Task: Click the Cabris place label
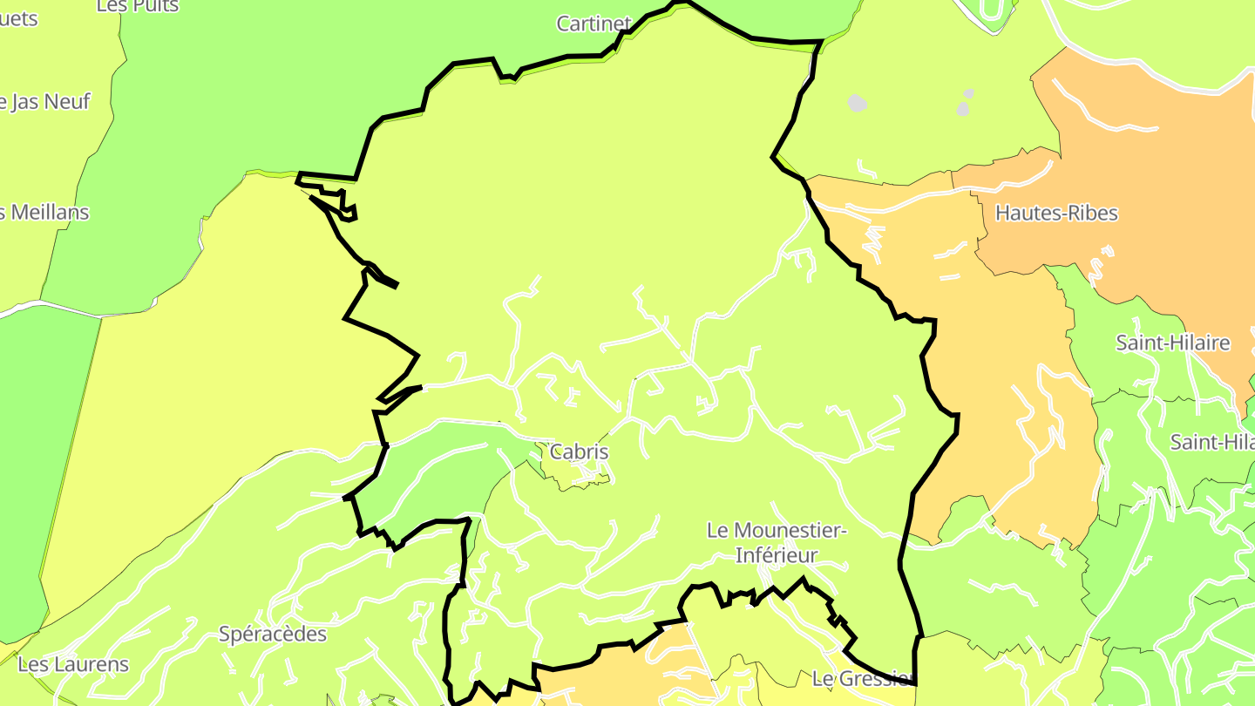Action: point(579,452)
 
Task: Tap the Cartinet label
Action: point(594,24)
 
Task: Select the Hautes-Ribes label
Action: point(1055,213)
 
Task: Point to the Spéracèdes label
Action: point(273,634)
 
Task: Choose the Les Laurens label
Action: point(73,664)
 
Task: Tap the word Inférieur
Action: point(777,555)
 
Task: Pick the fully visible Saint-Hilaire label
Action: point(1173,343)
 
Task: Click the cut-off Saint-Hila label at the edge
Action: point(1211,442)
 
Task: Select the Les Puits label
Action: point(138,6)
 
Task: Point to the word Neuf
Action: point(67,102)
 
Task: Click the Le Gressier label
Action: point(861,678)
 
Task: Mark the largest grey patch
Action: point(858,103)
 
